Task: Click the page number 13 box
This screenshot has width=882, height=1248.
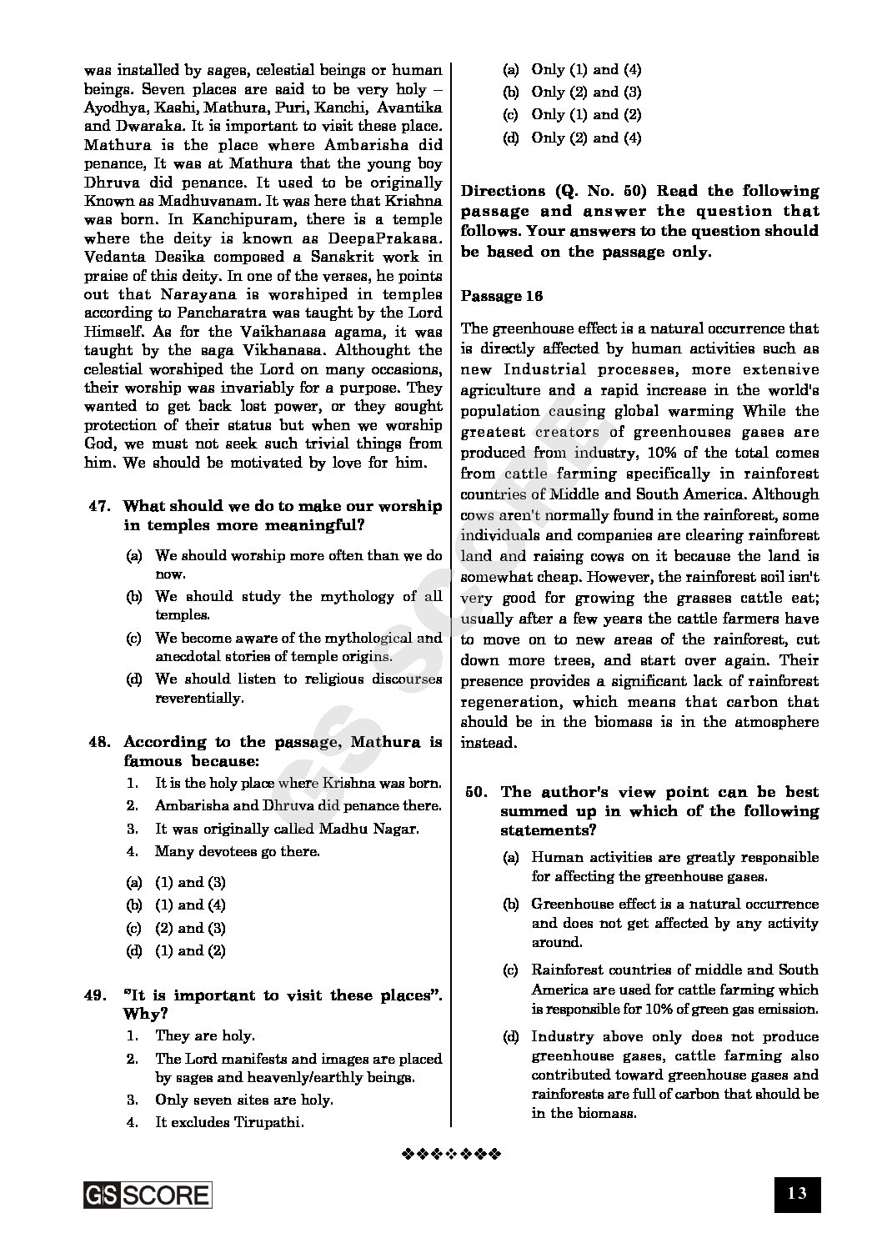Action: pos(796,1193)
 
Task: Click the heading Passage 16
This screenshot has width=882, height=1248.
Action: pos(502,296)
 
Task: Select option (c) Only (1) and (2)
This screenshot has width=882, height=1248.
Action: pos(586,115)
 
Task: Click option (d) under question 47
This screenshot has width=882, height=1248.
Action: pos(133,679)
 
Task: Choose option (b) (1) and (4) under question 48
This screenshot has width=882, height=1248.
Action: pos(189,905)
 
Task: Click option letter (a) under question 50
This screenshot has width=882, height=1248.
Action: pos(511,857)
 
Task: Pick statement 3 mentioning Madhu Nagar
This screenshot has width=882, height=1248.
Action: pos(286,829)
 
